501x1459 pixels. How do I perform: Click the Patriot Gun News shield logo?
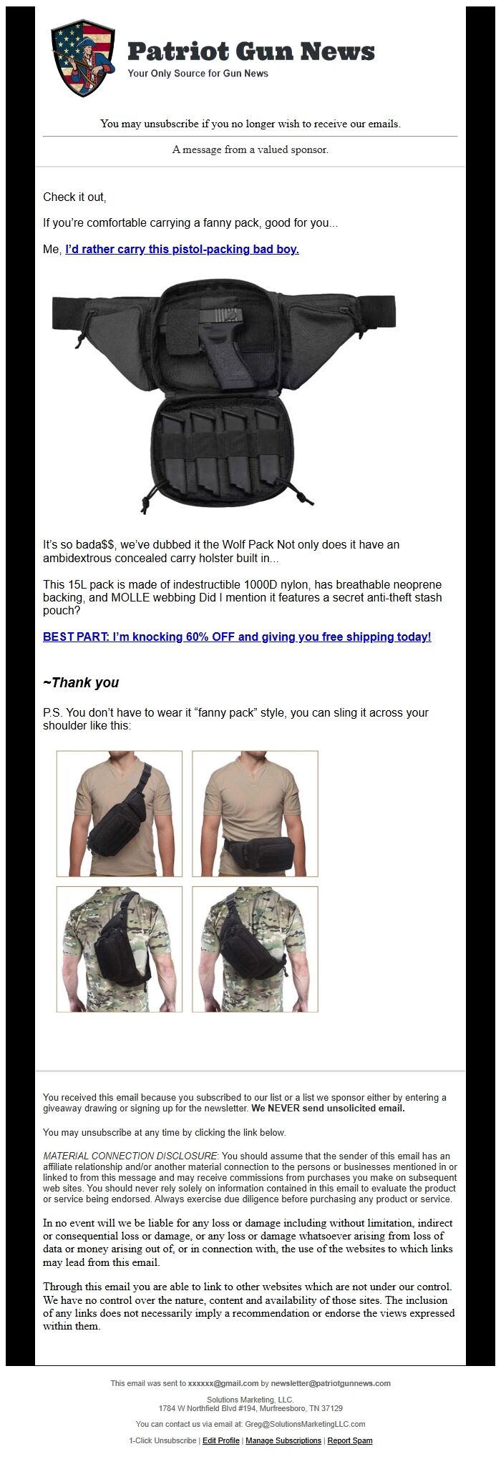(83, 58)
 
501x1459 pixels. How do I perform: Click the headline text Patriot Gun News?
(250, 51)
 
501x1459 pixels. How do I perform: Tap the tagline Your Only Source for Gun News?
(198, 74)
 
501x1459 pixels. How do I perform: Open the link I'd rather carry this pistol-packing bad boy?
(182, 250)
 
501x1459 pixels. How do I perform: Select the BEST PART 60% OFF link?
(237, 637)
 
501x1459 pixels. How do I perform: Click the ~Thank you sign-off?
(81, 682)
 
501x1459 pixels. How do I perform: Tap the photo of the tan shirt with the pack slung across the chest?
(120, 813)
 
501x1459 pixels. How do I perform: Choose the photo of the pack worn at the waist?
(255, 813)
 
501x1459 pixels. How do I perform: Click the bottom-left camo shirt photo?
(120, 949)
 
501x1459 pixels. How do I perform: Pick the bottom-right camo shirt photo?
(255, 949)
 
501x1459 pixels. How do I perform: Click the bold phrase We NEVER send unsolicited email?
(328, 1109)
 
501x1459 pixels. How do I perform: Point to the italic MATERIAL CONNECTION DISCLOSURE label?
(130, 1156)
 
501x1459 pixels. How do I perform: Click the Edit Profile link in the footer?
(220, 1440)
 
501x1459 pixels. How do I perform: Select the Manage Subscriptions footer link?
(283, 1440)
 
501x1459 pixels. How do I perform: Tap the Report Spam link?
(350, 1440)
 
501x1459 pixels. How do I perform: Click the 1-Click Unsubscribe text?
(162, 1440)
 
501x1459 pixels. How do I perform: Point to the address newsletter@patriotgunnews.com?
(331, 1383)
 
